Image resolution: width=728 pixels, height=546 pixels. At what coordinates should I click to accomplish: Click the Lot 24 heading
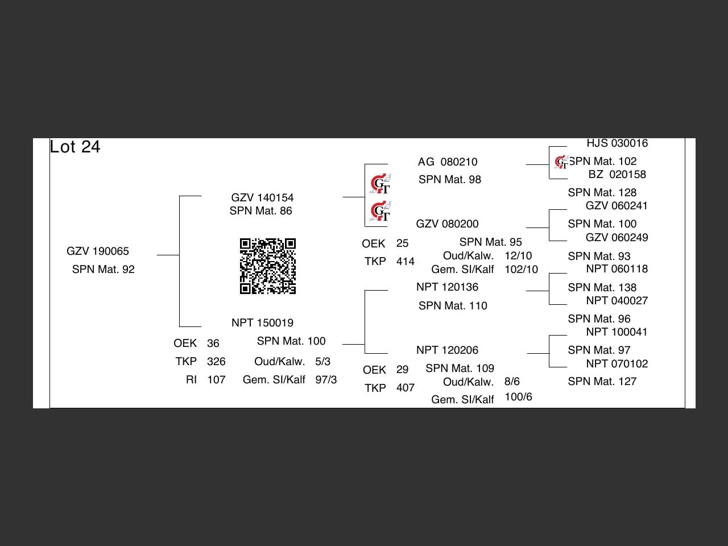75,147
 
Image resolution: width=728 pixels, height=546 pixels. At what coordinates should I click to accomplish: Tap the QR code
268,266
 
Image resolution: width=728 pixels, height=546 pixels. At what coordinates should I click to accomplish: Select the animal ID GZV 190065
98,251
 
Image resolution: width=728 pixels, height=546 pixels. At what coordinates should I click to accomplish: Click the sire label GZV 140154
262,198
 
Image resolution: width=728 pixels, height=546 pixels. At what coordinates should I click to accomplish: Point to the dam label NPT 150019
262,323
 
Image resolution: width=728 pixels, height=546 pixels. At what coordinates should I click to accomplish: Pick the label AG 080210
448,162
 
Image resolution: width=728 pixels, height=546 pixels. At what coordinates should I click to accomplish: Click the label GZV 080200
447,224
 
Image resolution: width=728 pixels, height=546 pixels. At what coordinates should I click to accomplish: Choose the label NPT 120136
447,287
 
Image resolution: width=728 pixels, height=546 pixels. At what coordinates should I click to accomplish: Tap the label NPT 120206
447,350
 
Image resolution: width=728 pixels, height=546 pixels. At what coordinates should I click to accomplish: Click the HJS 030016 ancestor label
617,143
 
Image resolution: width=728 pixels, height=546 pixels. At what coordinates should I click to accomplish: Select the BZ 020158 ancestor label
617,175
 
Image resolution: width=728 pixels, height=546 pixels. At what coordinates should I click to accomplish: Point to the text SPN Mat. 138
602,288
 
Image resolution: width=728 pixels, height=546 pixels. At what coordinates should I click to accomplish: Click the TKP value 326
216,362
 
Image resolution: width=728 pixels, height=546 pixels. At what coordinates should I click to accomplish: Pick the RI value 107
216,380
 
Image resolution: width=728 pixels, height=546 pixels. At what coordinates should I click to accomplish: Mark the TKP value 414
406,262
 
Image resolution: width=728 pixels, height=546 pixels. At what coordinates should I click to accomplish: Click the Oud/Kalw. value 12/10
518,256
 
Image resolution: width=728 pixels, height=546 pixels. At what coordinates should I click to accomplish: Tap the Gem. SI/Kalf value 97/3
326,380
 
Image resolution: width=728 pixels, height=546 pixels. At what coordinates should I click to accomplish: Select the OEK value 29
402,370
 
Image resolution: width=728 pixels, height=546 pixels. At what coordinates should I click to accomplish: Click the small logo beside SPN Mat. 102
561,163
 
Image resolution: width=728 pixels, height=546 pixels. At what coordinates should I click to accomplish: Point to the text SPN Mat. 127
602,382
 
